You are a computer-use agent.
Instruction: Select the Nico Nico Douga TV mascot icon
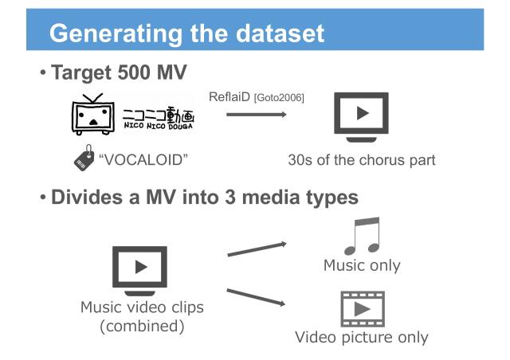tap(94, 116)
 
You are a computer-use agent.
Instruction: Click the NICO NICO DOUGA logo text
tap(159, 117)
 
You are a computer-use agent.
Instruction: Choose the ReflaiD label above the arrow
tap(232, 97)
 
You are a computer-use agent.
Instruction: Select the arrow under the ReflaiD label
tap(255, 115)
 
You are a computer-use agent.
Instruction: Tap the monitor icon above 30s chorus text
tap(360, 115)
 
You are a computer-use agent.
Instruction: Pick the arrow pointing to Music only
tap(256, 249)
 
